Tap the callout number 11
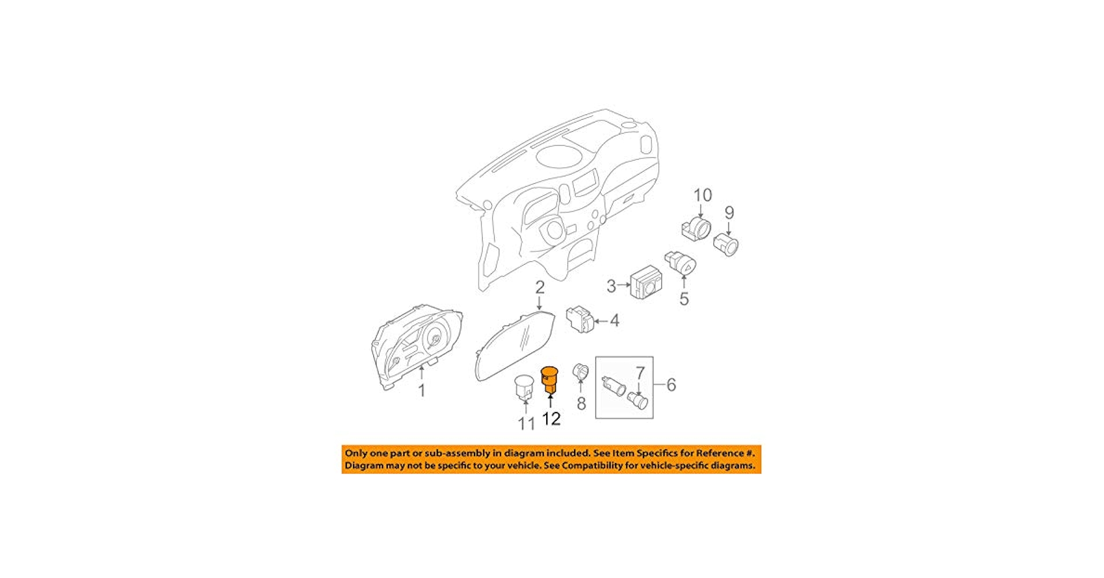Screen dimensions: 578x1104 tap(526, 424)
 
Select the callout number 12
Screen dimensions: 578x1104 tap(551, 418)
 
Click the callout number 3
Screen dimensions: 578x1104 tap(611, 286)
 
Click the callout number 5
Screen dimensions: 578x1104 tap(684, 299)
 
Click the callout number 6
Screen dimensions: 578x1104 tap(671, 385)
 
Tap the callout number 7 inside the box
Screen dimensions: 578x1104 tap(640, 373)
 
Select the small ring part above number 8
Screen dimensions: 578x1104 tap(580, 371)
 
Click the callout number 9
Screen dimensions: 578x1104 tap(729, 213)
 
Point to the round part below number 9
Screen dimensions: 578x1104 tap(726, 245)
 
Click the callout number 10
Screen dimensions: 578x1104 tap(703, 195)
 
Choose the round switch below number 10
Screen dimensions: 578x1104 tap(696, 229)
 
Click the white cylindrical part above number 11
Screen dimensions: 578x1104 tap(524, 387)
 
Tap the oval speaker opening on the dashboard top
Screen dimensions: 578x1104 tap(559, 155)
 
